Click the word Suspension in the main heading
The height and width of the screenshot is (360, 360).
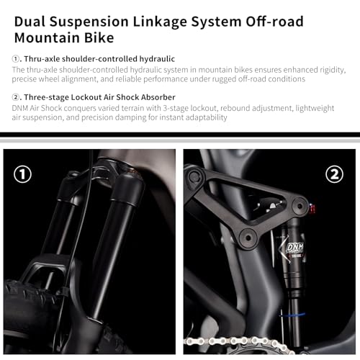89,22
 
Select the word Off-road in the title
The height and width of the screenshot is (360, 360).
274,22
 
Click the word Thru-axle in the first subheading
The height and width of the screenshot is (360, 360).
42,59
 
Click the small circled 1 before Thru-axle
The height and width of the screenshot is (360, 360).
15,59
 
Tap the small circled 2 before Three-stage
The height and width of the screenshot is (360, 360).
15,97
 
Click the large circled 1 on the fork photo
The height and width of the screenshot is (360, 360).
22,174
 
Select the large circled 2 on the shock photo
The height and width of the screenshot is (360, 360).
334,174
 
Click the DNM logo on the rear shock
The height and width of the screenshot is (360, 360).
294,248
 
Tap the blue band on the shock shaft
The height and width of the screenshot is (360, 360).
292,315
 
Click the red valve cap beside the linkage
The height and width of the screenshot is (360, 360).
312,209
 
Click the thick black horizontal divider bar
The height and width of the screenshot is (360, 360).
180,135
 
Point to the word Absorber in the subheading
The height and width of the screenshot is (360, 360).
158,97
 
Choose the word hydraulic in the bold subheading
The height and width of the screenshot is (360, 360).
157,59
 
